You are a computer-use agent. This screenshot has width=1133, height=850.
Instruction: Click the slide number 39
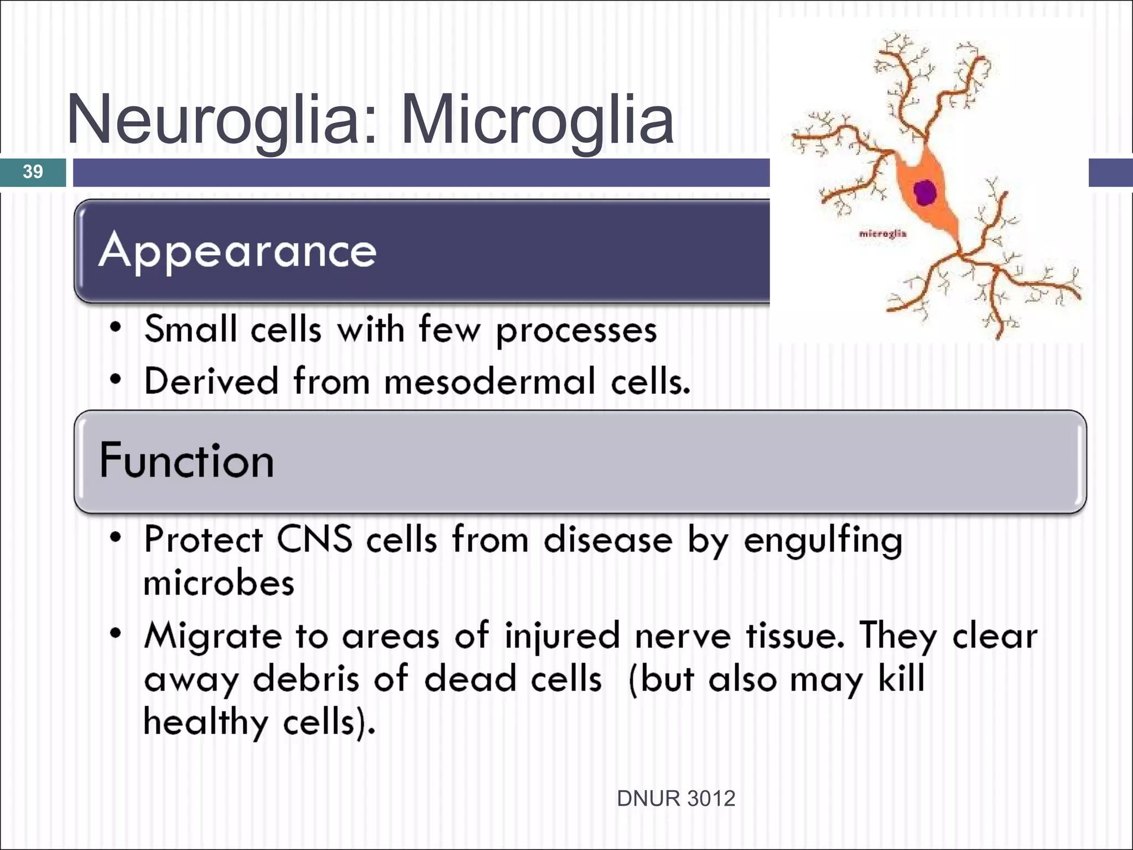click(x=33, y=172)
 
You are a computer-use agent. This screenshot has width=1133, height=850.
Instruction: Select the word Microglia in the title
click(x=537, y=120)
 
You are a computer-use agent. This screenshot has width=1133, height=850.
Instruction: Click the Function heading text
click(x=187, y=460)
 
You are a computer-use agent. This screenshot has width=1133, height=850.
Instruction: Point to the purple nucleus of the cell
click(x=924, y=193)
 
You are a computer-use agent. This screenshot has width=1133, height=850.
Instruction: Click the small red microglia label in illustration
click(x=882, y=234)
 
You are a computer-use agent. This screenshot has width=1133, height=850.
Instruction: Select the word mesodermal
click(x=490, y=382)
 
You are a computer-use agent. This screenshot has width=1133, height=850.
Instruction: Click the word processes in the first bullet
click(x=576, y=331)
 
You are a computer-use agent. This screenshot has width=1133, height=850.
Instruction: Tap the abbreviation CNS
click(x=314, y=538)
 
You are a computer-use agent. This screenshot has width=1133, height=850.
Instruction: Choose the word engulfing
click(x=823, y=541)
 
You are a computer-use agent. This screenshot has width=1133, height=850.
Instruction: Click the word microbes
click(x=219, y=583)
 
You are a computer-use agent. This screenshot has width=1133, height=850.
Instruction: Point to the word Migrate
click(x=213, y=636)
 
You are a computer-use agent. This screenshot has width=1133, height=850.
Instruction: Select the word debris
click(x=306, y=678)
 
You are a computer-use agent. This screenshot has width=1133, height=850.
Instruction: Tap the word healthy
click(x=206, y=723)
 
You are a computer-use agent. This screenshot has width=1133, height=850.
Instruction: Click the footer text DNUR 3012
click(x=675, y=799)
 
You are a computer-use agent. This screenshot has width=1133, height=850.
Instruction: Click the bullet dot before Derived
click(x=115, y=380)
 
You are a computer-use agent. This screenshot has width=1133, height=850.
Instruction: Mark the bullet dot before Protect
click(x=115, y=537)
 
